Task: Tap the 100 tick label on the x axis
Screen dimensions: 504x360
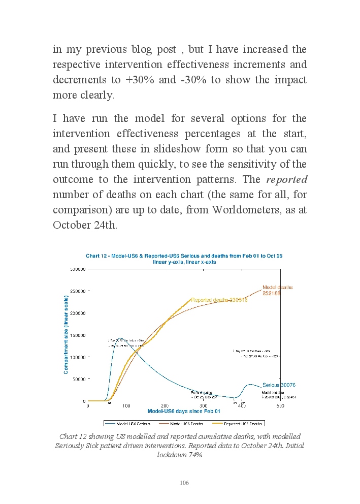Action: [x=126, y=406]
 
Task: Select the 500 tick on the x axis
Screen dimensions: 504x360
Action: [x=280, y=406]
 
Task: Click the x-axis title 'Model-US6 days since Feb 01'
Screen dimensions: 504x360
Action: [x=184, y=411]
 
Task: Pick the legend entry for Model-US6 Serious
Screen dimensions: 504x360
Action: [x=129, y=423]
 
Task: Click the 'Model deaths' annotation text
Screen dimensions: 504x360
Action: [x=277, y=288]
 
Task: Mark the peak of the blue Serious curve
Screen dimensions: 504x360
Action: [x=121, y=338]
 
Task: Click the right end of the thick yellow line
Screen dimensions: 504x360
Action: [x=190, y=299]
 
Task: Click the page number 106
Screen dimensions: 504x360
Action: [x=184, y=483]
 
